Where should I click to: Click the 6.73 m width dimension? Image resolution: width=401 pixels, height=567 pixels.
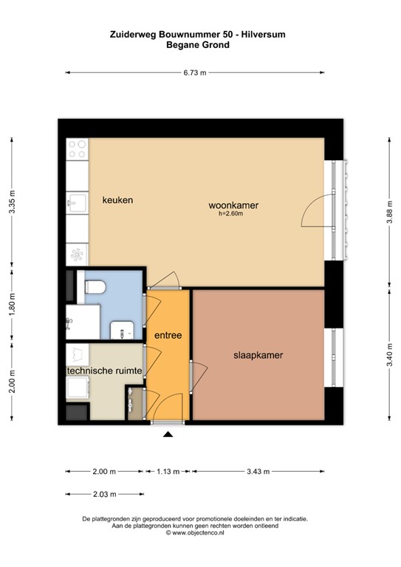pos(195,72)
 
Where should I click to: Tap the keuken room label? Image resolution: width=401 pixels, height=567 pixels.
pos(117,200)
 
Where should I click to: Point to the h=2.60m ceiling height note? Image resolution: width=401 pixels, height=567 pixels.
pos(230,214)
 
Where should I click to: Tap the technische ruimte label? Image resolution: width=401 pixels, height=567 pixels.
pos(104,371)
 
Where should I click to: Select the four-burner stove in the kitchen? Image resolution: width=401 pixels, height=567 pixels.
pos(77,150)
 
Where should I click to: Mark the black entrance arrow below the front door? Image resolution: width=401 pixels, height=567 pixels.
pos(168,435)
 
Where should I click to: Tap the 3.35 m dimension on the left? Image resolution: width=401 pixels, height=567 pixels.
pos(11,202)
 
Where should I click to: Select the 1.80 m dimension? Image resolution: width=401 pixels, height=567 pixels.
pos(11,303)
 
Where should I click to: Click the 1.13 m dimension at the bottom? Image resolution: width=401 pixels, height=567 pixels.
pos(168,471)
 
